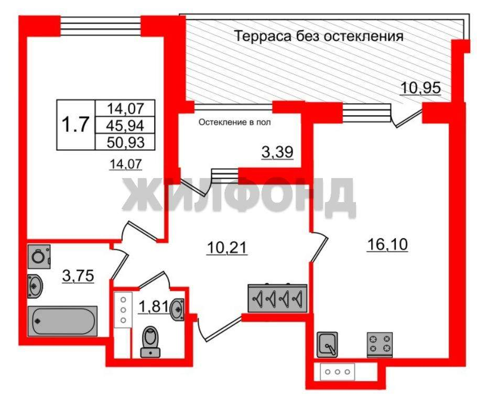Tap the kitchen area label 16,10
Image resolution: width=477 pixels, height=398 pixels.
pyautogui.click(x=387, y=245)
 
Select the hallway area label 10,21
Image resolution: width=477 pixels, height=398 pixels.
pyautogui.click(x=226, y=248)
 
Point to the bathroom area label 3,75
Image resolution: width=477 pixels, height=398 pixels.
pyautogui.click(x=78, y=276)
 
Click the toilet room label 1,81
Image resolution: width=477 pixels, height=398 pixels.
pyautogui.click(x=153, y=306)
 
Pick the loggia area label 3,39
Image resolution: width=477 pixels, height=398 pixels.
pyautogui.click(x=277, y=152)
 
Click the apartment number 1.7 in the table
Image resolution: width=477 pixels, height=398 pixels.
pyautogui.click(x=75, y=125)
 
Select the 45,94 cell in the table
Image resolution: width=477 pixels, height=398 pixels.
pyautogui.click(x=125, y=125)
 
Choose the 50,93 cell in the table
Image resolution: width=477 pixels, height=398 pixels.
pyautogui.click(x=125, y=142)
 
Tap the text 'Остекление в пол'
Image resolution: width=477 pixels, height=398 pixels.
pyautogui.click(x=234, y=123)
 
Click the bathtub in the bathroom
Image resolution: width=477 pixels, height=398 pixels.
pyautogui.click(x=62, y=321)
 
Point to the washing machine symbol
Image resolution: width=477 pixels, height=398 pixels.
pyautogui.click(x=39, y=257)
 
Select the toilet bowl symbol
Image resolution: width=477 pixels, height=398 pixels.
pyautogui.click(x=150, y=341)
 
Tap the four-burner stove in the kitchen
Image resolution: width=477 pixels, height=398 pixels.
pyautogui.click(x=380, y=345)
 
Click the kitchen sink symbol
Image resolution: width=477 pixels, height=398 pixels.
pyautogui.click(x=327, y=345)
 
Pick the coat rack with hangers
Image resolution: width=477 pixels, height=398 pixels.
pyautogui.click(x=277, y=298)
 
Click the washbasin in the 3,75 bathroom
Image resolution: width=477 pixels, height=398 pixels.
pyautogui.click(x=35, y=286)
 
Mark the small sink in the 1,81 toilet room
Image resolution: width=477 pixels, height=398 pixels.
pyautogui.click(x=178, y=309)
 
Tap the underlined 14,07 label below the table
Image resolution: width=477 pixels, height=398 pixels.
pyautogui.click(x=126, y=164)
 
